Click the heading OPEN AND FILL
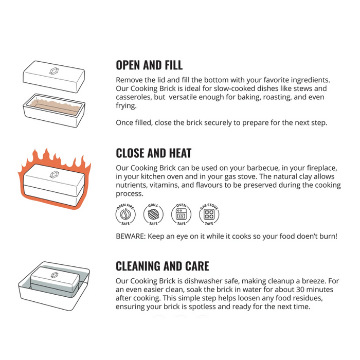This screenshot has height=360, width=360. pyautogui.click(x=149, y=65)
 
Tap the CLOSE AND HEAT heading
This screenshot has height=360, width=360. pyautogui.click(x=154, y=153)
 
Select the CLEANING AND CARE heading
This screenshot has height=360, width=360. pyautogui.click(x=163, y=266)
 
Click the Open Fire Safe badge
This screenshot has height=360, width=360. pyautogui.click(x=125, y=214)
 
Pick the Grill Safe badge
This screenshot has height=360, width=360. pyautogui.click(x=153, y=214)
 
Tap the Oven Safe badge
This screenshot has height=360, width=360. pyautogui.click(x=181, y=214)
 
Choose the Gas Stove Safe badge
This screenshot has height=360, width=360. pyautogui.click(x=209, y=214)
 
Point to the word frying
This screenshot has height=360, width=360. pyautogui.click(x=127, y=106)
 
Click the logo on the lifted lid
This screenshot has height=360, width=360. pyautogui.click(x=54, y=71)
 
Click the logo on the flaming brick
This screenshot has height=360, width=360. pyautogui.click(x=54, y=174)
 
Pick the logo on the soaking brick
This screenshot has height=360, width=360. pyautogui.click(x=55, y=275)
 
